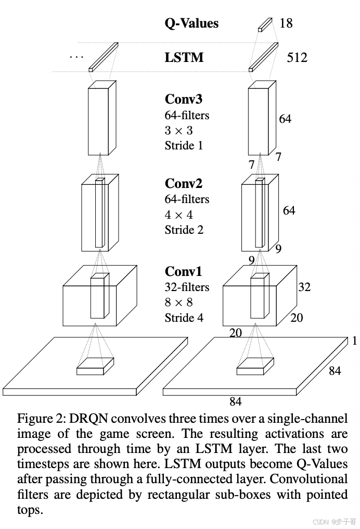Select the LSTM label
tap(184, 57)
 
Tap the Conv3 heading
tap(184, 99)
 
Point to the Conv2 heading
tap(184, 184)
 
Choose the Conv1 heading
tap(184, 272)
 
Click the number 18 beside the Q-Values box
tap(286, 23)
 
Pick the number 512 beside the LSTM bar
tap(297, 57)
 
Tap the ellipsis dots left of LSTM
tap(76, 56)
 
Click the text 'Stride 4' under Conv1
tap(184, 318)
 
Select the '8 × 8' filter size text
tap(179, 303)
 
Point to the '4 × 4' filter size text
tap(179, 215)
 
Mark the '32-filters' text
tap(187, 287)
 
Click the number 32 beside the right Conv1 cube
tap(304, 287)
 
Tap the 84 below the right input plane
tap(236, 401)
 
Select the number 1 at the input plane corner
tap(354, 341)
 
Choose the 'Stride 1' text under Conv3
tap(184, 145)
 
